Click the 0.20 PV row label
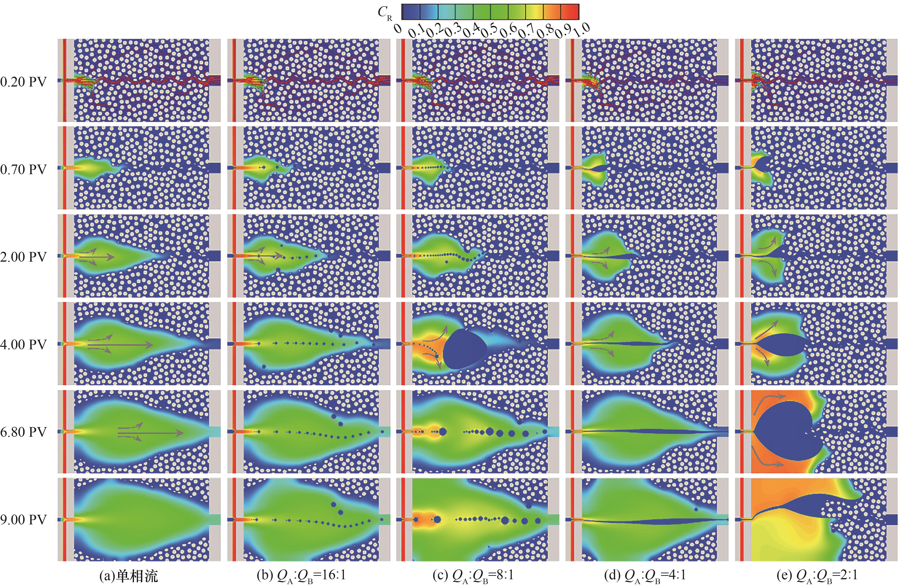point(23,81)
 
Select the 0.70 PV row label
point(23,169)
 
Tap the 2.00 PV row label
point(23,257)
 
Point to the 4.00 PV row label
point(23,344)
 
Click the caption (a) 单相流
point(128,576)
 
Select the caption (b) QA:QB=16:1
point(301,576)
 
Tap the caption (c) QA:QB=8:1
point(473,576)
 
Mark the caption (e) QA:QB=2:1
point(817,576)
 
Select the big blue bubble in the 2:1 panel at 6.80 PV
point(785,432)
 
